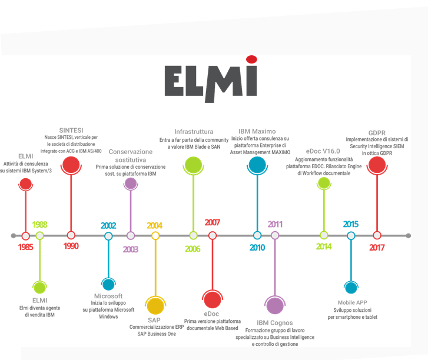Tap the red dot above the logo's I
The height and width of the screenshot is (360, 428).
click(251, 58)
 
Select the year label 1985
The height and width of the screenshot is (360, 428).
click(25, 247)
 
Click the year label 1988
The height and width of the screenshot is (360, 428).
click(40, 225)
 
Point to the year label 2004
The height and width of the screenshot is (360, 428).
click(155, 225)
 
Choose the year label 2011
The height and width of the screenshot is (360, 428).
click(275, 224)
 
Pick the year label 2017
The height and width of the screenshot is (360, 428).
click(377, 247)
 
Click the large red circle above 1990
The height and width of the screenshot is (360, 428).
click(71, 165)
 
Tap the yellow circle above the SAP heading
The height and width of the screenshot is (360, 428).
click(155, 306)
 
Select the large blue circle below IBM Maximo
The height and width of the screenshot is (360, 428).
click(257, 165)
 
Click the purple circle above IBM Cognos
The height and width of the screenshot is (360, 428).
click(274, 305)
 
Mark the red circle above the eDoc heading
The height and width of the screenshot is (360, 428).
click(212, 299)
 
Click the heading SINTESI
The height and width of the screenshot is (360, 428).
click(71, 130)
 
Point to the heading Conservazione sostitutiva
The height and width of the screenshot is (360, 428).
click(131, 155)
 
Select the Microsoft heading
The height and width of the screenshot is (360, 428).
click(108, 296)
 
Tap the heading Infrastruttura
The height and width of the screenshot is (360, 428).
click(194, 131)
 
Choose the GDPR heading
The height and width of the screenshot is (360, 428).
click(377, 132)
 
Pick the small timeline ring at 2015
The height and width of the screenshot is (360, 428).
click(351, 235)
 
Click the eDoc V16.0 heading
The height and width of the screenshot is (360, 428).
click(323, 151)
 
